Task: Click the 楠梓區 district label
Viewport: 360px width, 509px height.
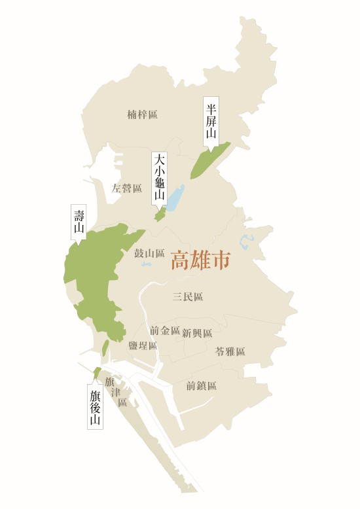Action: (x=142, y=115)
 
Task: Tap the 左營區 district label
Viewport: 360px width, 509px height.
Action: (x=126, y=188)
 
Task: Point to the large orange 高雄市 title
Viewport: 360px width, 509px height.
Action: (x=200, y=261)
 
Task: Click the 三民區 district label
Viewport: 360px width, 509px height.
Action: (x=188, y=297)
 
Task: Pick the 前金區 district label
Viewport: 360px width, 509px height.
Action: (x=164, y=330)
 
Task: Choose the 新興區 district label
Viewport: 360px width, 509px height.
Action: (x=197, y=333)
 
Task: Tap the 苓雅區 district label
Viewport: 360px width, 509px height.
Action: (x=230, y=351)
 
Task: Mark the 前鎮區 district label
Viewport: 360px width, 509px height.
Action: (x=201, y=386)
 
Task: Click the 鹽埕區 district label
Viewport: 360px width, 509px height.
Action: (x=142, y=345)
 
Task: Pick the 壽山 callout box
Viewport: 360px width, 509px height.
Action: (x=79, y=222)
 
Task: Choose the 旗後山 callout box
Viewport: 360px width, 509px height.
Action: (x=96, y=406)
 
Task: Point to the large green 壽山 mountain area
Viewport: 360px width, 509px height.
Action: (x=98, y=275)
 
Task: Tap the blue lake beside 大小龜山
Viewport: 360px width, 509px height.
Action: (x=175, y=197)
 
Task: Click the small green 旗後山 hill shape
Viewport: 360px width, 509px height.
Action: (x=97, y=372)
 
